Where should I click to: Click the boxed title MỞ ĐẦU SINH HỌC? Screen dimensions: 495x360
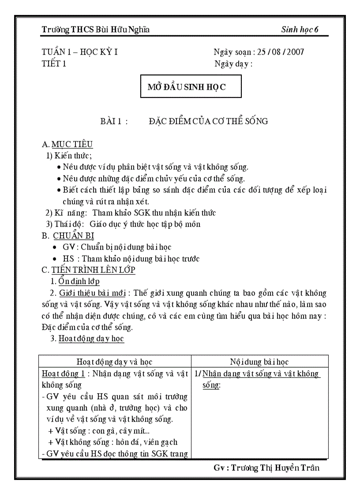186,87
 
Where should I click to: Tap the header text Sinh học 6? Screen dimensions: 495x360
300,30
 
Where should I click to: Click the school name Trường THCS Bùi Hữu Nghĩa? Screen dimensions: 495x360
95,30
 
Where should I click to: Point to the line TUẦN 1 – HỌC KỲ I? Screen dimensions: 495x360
79,52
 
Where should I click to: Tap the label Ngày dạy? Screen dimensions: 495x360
231,63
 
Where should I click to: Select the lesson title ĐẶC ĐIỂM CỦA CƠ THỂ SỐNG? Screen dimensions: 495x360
208,121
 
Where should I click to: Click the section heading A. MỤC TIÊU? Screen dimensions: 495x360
67,144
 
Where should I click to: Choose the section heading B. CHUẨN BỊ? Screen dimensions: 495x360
68,236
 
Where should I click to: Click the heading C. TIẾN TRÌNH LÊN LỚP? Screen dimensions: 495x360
89,270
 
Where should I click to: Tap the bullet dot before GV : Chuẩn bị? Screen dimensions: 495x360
54,247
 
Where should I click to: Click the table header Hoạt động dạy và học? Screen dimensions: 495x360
114,362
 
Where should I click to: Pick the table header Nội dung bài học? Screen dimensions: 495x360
259,362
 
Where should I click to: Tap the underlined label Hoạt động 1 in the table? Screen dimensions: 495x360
63,374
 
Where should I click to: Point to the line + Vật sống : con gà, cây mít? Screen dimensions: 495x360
101,431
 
